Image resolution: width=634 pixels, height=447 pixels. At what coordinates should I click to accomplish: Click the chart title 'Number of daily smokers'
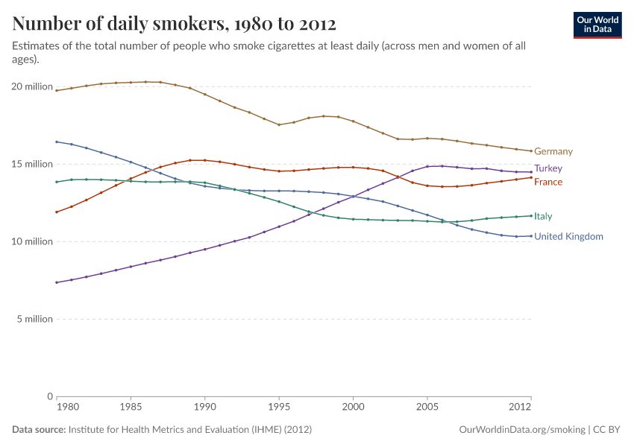175,24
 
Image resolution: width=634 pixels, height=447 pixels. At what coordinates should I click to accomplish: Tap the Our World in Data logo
597,25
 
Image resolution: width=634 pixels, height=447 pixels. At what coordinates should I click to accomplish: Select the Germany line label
553,151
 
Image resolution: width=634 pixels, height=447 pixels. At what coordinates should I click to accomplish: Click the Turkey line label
547,168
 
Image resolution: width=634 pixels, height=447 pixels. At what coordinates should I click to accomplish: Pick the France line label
547,182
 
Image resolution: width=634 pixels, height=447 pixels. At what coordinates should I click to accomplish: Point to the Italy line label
543,216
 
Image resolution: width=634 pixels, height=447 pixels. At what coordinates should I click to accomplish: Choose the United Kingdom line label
568,236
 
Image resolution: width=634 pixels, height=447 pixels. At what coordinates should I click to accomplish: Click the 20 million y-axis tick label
32,86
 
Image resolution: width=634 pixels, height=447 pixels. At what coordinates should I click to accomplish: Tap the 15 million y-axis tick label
32,164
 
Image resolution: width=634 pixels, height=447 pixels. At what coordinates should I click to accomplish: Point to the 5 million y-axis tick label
35,319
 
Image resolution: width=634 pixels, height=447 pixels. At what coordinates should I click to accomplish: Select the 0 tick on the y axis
49,396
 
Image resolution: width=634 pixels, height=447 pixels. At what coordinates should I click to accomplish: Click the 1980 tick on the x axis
67,408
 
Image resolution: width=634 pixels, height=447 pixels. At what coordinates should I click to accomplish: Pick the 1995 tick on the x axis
279,408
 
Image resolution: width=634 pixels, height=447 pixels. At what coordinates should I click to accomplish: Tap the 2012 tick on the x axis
520,408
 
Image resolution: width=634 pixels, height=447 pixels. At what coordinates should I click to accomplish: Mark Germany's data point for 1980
57,90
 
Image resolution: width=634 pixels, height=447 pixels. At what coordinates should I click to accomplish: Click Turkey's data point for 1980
57,282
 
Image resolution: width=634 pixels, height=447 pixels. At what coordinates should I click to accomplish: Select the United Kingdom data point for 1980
57,142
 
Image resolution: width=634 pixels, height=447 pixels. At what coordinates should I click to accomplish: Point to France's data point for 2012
531,177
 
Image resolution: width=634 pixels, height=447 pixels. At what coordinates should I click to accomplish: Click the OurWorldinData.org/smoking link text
522,430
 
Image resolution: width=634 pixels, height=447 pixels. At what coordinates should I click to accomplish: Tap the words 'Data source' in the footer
39,430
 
